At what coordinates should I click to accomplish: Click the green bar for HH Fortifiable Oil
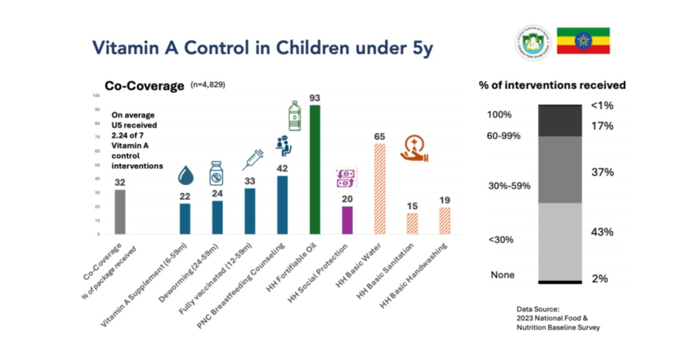click(x=315, y=170)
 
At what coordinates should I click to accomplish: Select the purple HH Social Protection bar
click(x=347, y=220)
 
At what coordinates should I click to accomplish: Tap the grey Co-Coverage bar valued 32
click(x=120, y=212)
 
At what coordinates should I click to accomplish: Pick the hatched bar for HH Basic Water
click(x=379, y=189)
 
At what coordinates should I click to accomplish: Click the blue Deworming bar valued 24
click(x=217, y=217)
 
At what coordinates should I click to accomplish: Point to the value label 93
click(x=314, y=98)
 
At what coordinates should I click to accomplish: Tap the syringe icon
click(x=252, y=160)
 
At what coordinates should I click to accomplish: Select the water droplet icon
click(x=185, y=176)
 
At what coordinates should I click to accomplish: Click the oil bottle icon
click(x=294, y=116)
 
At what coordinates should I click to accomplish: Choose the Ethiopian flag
click(x=583, y=41)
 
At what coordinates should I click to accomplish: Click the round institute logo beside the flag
click(x=533, y=42)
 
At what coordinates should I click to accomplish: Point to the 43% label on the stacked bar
click(x=603, y=232)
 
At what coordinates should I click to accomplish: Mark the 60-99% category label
click(x=504, y=135)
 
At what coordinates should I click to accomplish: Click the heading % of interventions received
click(x=552, y=86)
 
